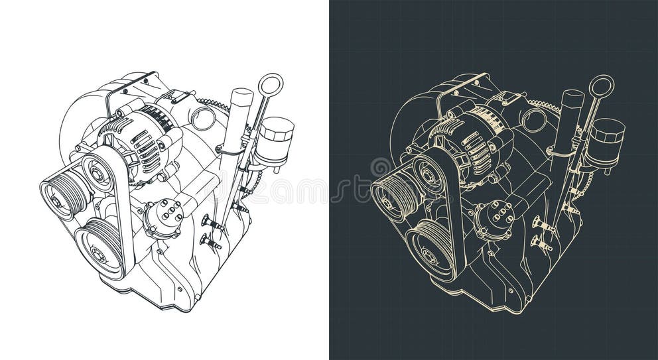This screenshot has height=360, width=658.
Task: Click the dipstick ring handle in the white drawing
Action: pos(271,84)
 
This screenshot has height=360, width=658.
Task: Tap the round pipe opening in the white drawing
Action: pos(203,119)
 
